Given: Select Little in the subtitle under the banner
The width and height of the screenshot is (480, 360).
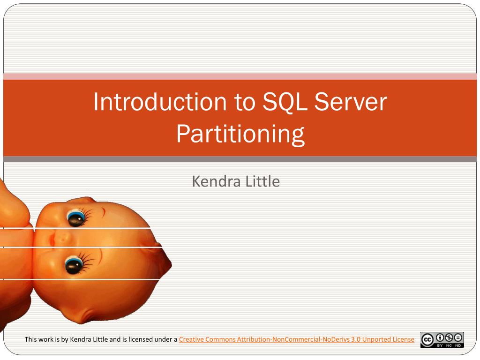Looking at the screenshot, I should click(x=262, y=181).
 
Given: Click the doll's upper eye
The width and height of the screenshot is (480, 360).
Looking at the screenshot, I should click(x=75, y=217).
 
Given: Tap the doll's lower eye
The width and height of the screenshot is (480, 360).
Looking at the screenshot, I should click(x=73, y=265).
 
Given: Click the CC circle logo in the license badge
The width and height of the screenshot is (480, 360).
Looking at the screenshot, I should click(x=427, y=340).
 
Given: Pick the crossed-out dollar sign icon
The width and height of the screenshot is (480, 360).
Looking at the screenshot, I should click(x=449, y=337).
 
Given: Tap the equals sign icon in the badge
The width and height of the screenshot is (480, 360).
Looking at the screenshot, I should click(x=458, y=337).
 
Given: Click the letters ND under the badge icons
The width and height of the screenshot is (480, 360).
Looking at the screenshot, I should click(x=458, y=345).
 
